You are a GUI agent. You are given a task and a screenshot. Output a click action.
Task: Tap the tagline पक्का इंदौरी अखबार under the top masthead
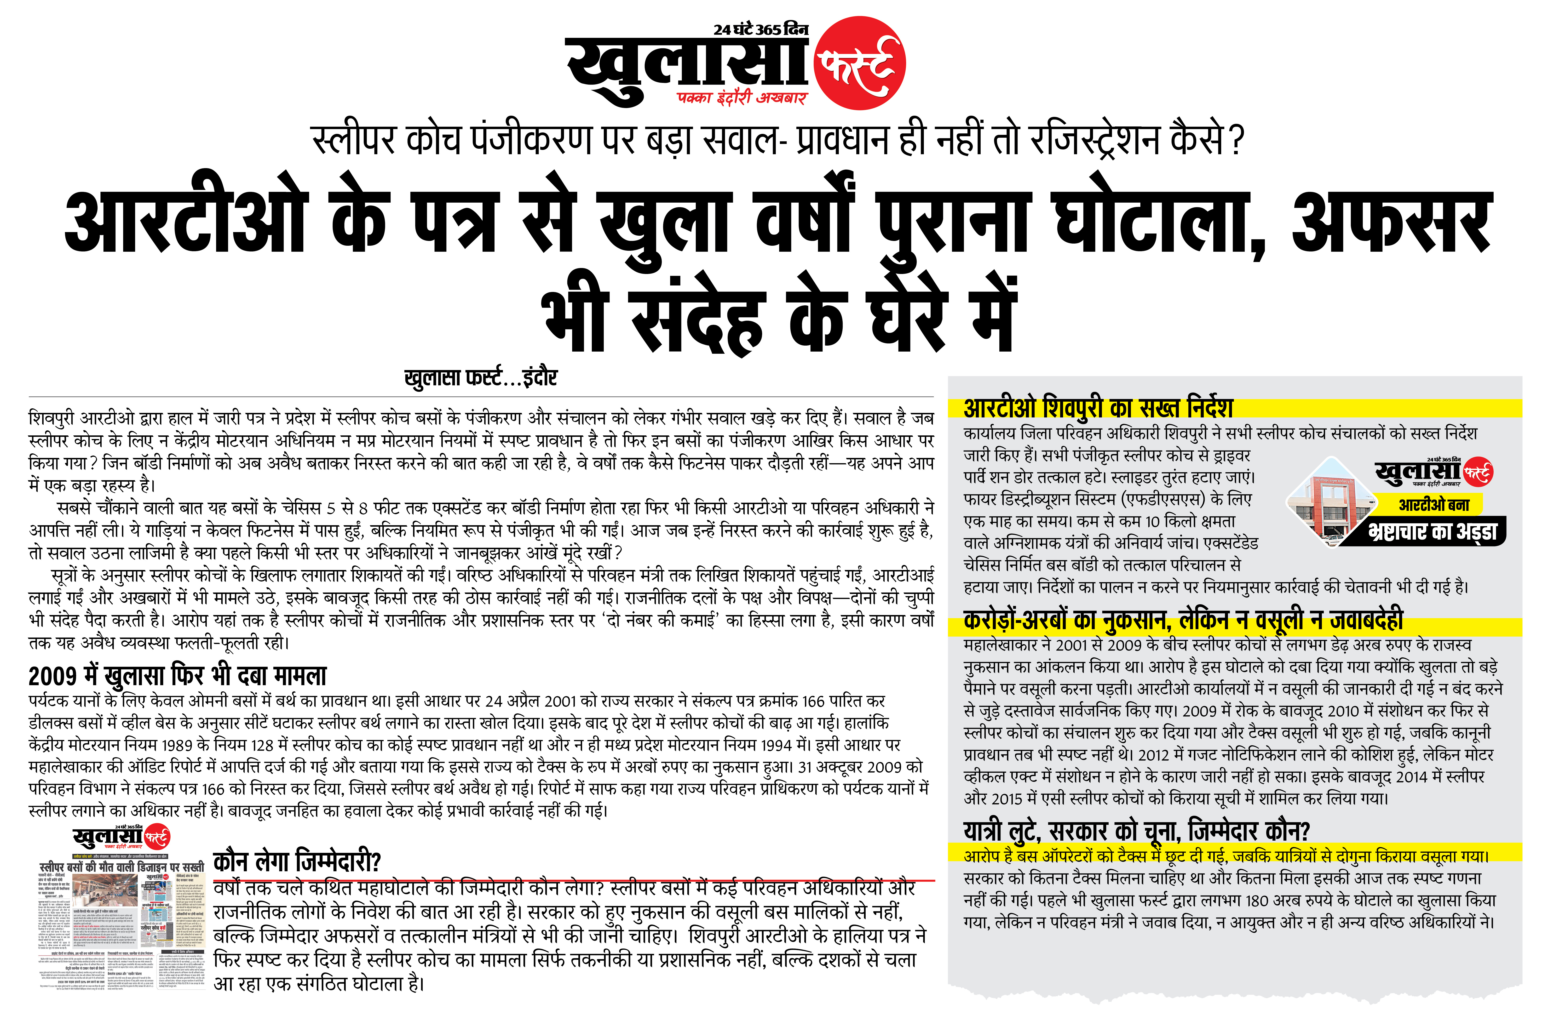(742, 98)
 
